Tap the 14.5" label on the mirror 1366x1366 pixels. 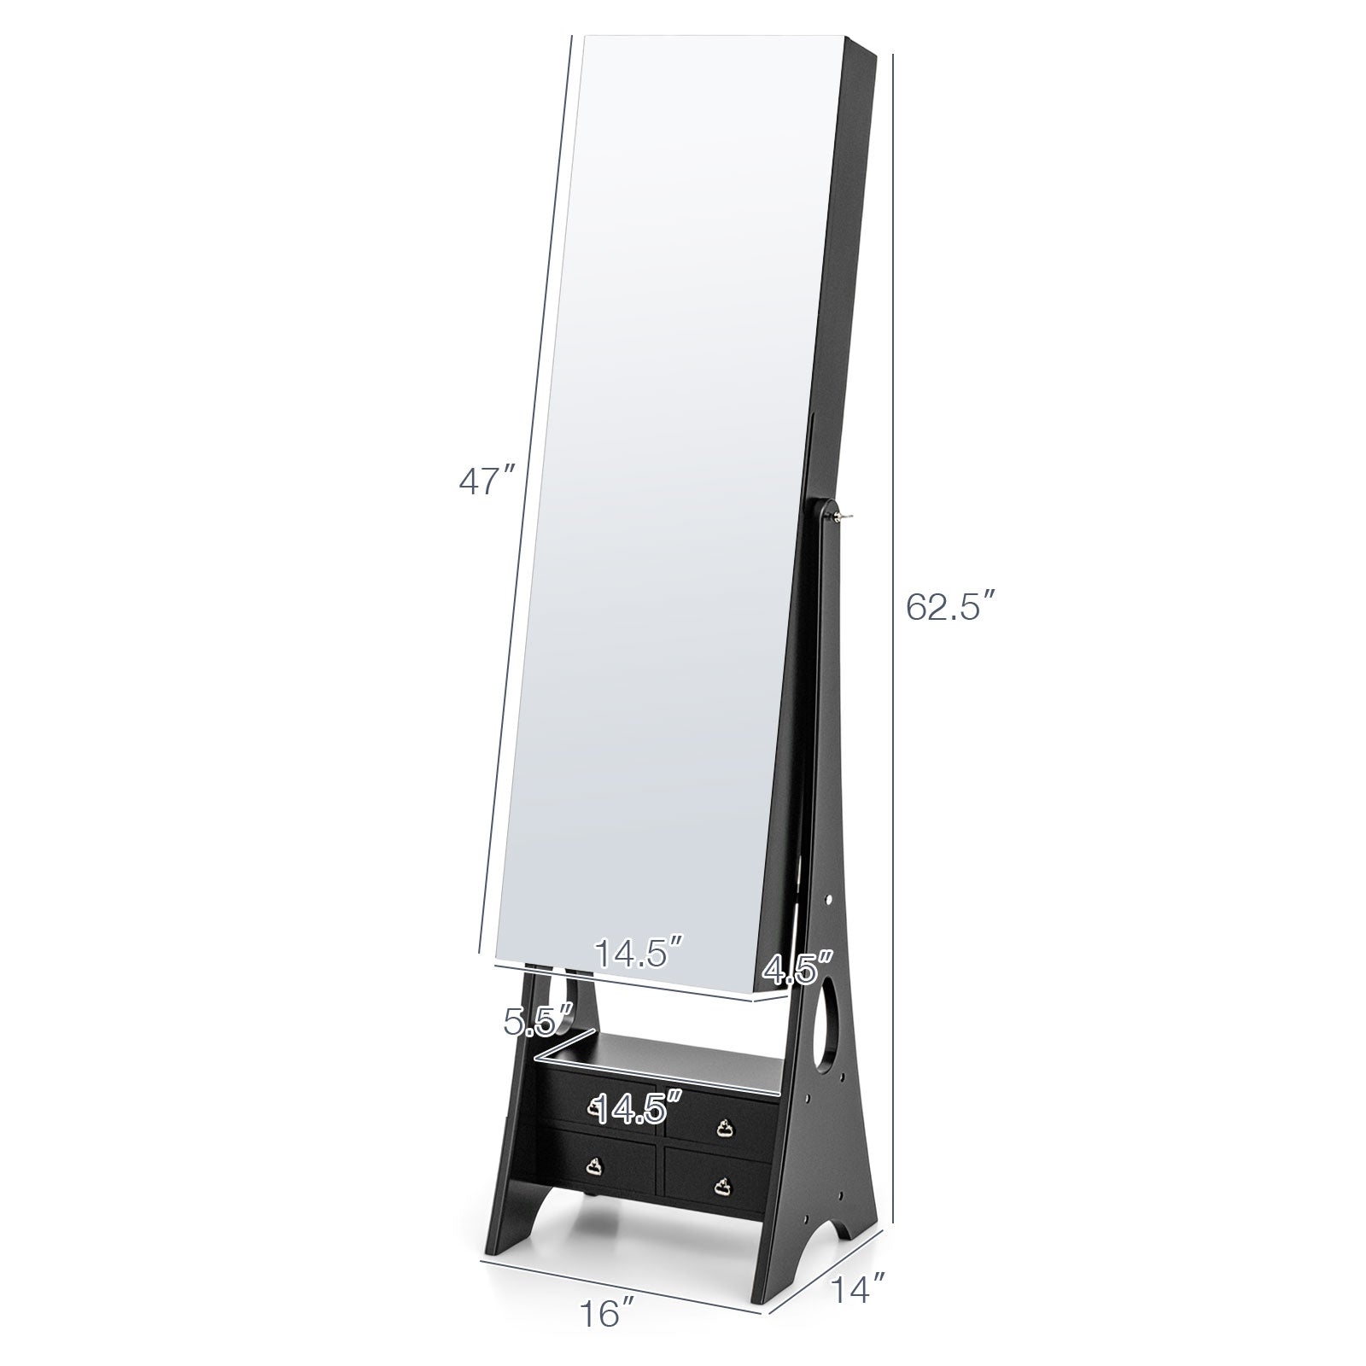coord(639,954)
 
